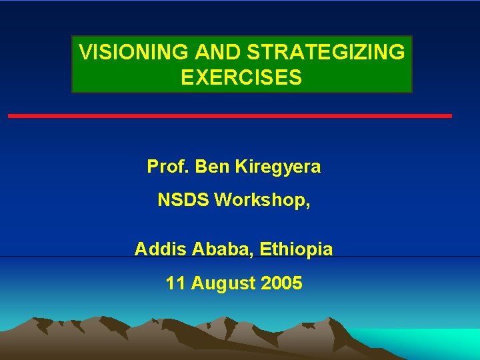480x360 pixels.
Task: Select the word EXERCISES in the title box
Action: click(241, 78)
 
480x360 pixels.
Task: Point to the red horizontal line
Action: click(230, 116)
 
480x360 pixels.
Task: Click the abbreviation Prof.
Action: click(169, 167)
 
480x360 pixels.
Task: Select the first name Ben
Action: click(213, 167)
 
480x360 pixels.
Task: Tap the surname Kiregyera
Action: click(277, 167)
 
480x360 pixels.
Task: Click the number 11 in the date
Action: click(175, 283)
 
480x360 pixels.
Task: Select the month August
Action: click(223, 284)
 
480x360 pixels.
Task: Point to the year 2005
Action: click(281, 283)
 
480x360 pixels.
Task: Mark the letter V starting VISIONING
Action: click(85, 53)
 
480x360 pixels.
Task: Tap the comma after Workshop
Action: click(307, 204)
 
